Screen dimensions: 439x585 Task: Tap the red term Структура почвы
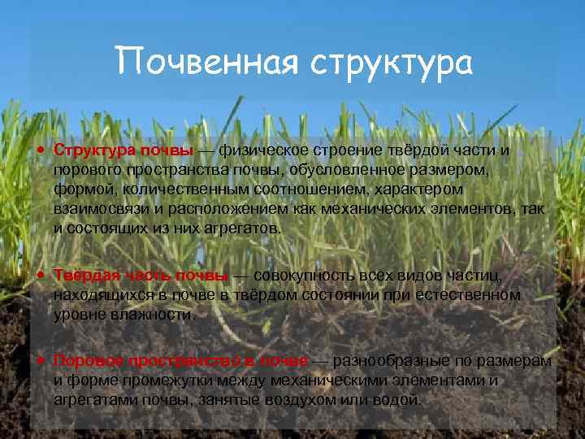(123, 150)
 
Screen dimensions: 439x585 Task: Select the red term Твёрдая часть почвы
(141, 275)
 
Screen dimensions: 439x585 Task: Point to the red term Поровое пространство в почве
(180, 360)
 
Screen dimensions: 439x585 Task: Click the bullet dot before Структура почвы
(40, 150)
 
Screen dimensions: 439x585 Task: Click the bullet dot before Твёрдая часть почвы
(40, 275)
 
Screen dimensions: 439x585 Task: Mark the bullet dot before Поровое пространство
(40, 360)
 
